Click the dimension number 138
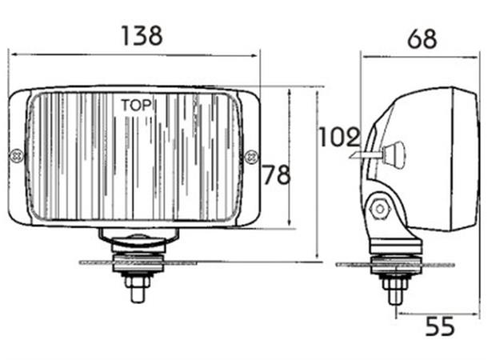pyautogui.click(x=142, y=36)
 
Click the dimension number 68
pyautogui.click(x=422, y=38)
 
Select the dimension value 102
pyautogui.click(x=338, y=138)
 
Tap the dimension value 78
pyautogui.click(x=277, y=175)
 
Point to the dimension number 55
pyautogui.click(x=439, y=326)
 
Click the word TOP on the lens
pyautogui.click(x=136, y=105)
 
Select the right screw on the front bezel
pyautogui.click(x=250, y=155)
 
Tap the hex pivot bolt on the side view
pyautogui.click(x=378, y=210)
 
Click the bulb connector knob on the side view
pyautogui.click(x=394, y=154)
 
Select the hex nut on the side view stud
pyautogui.click(x=394, y=282)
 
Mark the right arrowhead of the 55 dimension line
pyautogui.click(x=476, y=314)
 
